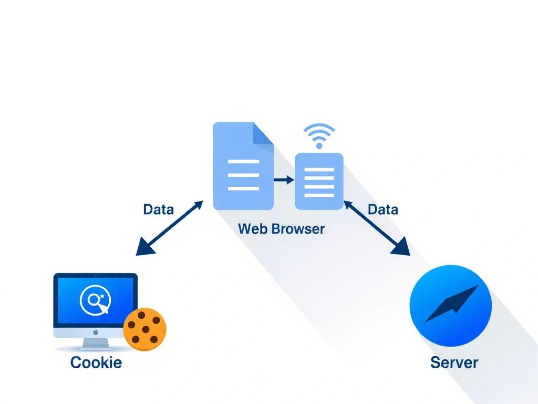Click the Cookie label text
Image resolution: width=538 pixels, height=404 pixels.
click(96, 362)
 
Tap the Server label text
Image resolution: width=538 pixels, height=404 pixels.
click(454, 362)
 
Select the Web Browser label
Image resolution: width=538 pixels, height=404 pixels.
click(281, 229)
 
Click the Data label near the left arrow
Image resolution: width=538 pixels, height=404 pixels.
click(158, 209)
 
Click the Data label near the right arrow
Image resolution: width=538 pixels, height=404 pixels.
click(382, 209)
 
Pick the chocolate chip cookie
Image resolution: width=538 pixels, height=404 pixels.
click(145, 330)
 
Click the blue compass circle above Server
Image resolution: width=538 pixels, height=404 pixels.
click(450, 306)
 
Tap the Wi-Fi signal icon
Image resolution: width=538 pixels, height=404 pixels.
click(319, 136)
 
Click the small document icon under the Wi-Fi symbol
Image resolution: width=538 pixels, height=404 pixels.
click(319, 181)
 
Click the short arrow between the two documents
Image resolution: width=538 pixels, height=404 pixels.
click(284, 180)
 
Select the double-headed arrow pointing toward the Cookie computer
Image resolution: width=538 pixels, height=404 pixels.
click(169, 228)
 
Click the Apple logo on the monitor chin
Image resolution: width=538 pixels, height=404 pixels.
click(96, 332)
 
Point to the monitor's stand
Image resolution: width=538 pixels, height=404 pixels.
click(96, 343)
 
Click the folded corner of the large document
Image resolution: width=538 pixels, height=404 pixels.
click(263, 134)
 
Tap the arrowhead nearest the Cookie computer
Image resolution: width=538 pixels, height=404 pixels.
click(144, 248)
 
